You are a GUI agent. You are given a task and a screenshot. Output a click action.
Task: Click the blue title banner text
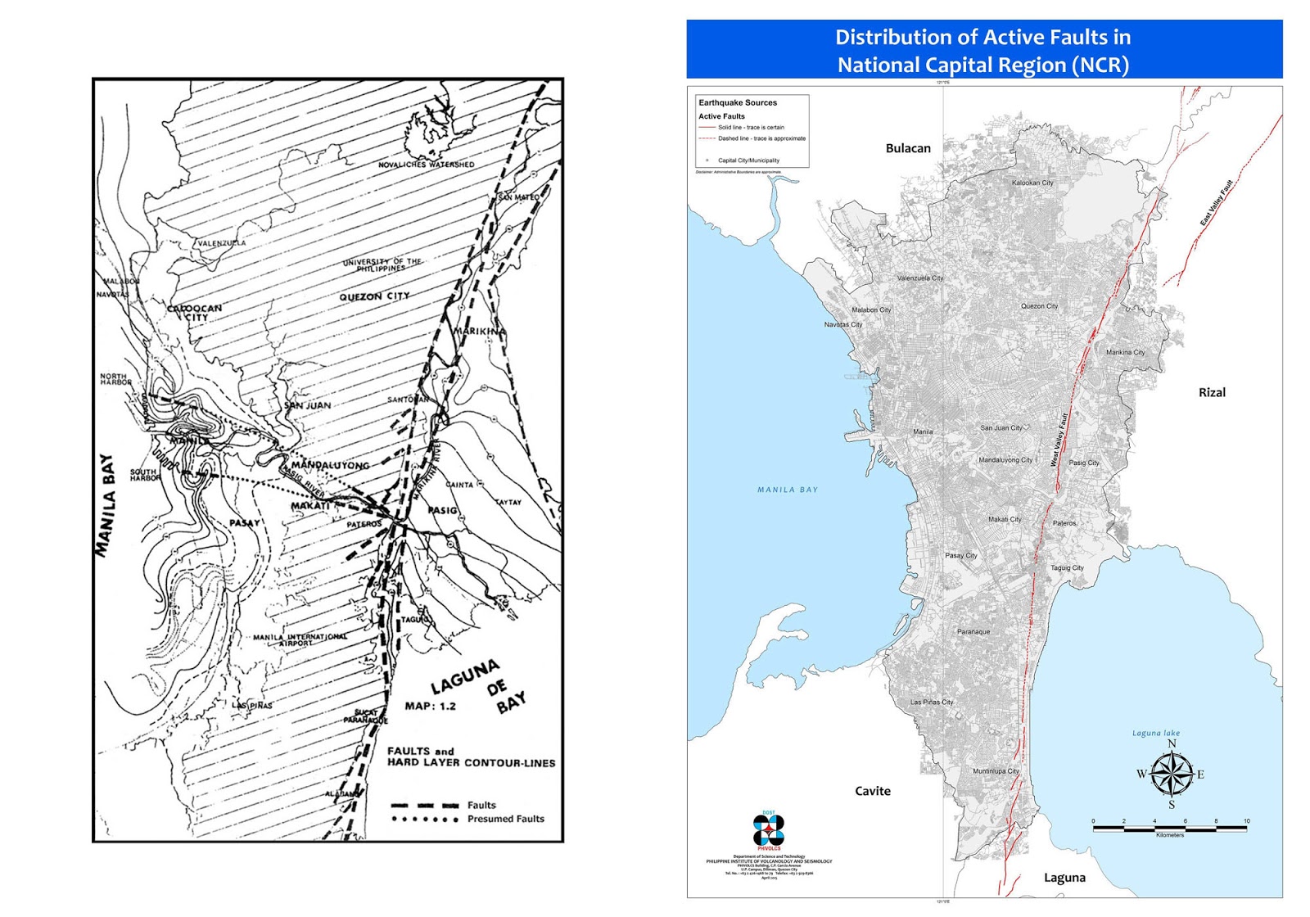[x=982, y=51]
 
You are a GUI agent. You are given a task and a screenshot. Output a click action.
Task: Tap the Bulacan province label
[x=908, y=148]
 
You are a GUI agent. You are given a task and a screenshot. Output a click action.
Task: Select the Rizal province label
[x=1212, y=392]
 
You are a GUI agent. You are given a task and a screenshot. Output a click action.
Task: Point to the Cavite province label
[x=873, y=791]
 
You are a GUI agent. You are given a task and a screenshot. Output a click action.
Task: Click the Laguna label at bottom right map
[x=1064, y=878]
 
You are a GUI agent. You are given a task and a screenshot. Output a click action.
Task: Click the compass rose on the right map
[x=1172, y=775]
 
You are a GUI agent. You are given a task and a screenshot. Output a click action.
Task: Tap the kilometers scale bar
[x=1169, y=828]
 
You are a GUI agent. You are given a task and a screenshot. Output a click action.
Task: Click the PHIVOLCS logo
[x=768, y=831]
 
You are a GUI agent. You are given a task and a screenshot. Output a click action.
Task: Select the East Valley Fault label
[x=1217, y=203]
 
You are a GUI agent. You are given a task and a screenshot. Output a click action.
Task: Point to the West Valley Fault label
[x=1059, y=440]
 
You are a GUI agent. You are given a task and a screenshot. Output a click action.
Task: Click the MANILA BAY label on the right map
[x=787, y=490]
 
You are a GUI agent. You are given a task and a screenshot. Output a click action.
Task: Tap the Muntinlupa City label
[x=996, y=771]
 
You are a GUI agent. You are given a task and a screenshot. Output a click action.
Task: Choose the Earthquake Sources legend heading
[x=738, y=103]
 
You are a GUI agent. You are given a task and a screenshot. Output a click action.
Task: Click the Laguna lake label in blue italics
[x=1156, y=733]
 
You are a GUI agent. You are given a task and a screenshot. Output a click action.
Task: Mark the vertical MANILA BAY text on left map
[x=106, y=505]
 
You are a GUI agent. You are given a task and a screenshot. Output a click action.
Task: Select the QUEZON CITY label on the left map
[x=374, y=296]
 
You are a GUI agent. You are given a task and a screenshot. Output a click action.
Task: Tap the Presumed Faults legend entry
[x=505, y=819]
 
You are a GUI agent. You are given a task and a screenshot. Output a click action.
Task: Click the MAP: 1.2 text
[x=430, y=706]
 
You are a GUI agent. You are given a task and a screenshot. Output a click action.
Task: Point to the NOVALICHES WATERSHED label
[x=426, y=165]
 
